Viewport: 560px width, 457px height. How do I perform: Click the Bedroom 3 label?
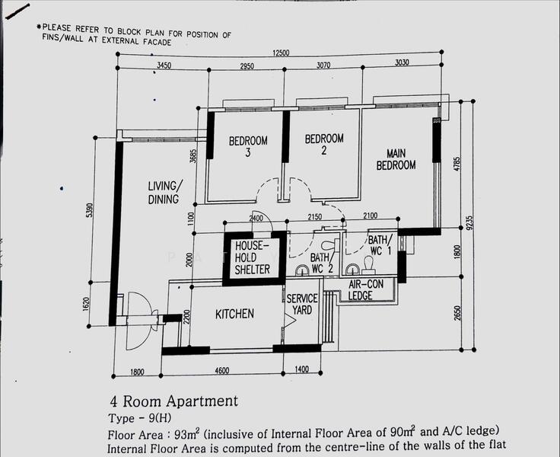click(x=248, y=146)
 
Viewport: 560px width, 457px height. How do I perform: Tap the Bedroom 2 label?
click(x=324, y=144)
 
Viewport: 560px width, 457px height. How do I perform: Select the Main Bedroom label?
click(x=396, y=159)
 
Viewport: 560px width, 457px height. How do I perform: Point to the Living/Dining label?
click(x=165, y=193)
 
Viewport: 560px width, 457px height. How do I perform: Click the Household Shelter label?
click(x=252, y=257)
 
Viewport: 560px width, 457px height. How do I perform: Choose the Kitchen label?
click(x=234, y=314)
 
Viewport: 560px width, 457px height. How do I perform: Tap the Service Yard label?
click(x=302, y=304)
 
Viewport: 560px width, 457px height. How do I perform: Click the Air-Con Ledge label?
click(x=366, y=289)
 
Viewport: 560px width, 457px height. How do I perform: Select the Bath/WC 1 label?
click(x=380, y=245)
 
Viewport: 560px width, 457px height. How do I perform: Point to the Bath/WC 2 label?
click(x=322, y=263)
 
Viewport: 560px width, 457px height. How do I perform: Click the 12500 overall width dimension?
click(x=281, y=53)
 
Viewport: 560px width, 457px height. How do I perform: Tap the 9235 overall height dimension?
click(x=469, y=222)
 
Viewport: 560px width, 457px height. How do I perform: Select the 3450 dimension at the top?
click(x=164, y=65)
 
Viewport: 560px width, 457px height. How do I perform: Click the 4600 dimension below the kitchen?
click(x=221, y=370)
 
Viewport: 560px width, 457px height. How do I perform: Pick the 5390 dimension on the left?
click(x=90, y=210)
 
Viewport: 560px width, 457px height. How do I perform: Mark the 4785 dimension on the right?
click(x=457, y=164)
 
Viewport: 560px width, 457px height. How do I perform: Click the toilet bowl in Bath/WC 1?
click(x=367, y=264)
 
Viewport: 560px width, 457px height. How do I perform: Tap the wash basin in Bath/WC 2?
click(x=302, y=270)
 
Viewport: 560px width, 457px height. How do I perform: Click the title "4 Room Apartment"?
click(x=173, y=401)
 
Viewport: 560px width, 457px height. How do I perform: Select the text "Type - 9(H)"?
click(x=140, y=418)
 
